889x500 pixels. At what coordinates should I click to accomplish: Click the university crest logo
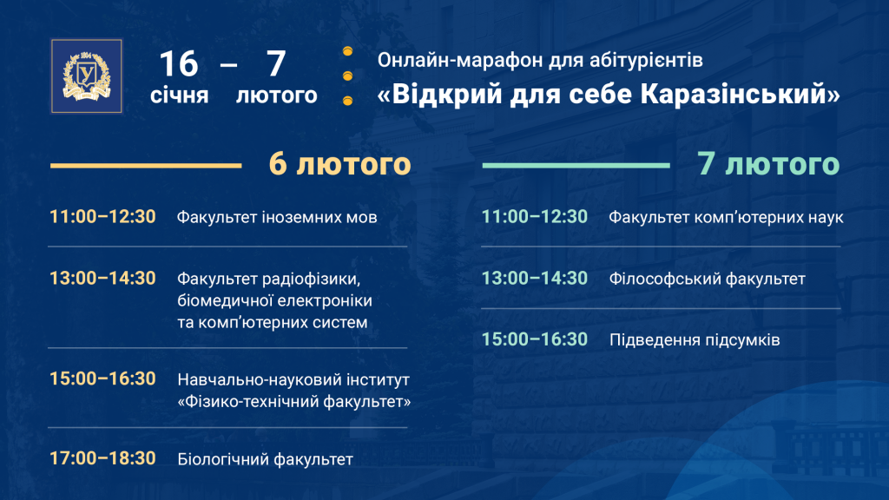pos(87,76)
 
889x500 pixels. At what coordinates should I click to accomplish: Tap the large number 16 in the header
pos(179,63)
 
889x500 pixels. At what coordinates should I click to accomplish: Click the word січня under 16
pos(179,95)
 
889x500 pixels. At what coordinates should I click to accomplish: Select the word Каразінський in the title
pos(741,94)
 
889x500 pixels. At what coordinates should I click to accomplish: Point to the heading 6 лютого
pos(339,164)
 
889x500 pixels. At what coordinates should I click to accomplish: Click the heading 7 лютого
pos(768,164)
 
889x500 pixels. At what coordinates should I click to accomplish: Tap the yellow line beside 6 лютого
pos(146,166)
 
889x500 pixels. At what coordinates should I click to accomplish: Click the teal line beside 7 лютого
pos(576,166)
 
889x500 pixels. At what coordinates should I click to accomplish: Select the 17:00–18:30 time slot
pos(102,458)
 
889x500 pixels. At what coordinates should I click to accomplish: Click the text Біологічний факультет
pos(266,459)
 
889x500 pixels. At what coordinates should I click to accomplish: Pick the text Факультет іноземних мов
pos(277,218)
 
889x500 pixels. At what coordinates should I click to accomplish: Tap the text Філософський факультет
pos(707,279)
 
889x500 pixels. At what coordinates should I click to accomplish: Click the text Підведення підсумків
pos(695,340)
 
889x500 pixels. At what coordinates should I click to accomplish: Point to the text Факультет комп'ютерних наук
pos(727,218)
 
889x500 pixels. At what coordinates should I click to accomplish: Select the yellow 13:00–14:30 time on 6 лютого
pos(102,279)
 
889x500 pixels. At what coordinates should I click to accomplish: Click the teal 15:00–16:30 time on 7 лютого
pos(535,339)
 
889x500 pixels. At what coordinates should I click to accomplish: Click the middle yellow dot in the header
pos(347,76)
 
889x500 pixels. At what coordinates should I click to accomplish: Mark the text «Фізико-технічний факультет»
pos(294,402)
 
